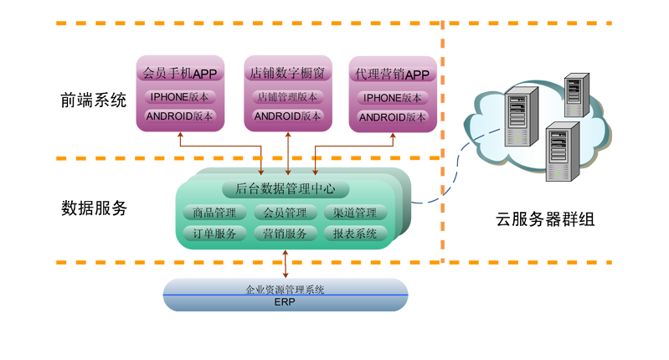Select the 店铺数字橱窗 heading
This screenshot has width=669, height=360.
tap(286, 74)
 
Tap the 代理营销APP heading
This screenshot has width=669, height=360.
tap(392, 75)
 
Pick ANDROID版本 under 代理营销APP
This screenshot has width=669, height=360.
tap(393, 117)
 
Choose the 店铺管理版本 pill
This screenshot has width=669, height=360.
tap(286, 96)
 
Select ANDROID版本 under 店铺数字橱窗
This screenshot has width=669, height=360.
tap(286, 116)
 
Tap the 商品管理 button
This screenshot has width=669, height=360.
tap(214, 213)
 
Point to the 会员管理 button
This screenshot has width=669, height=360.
tap(285, 213)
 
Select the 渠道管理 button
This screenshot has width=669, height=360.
tap(355, 213)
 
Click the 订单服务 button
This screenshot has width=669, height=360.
tap(214, 234)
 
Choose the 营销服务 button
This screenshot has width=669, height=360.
tap(285, 234)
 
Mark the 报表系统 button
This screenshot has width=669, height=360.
tap(355, 234)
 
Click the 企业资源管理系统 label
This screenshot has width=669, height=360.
tap(285, 290)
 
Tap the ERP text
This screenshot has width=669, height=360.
tap(285, 302)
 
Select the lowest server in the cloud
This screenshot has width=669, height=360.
tap(561, 151)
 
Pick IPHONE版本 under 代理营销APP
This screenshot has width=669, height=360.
tap(393, 97)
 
